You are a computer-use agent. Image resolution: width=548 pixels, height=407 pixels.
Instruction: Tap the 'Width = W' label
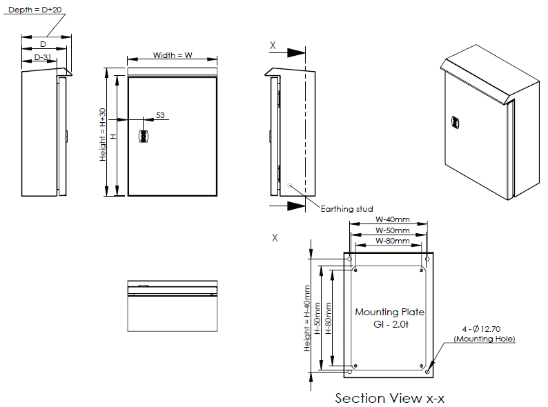(172, 55)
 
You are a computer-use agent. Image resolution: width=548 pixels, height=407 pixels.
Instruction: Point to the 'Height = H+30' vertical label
(103, 135)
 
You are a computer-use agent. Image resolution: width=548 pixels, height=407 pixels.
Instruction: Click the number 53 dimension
(160, 115)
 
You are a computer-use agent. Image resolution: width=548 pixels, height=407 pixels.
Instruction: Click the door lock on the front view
(144, 137)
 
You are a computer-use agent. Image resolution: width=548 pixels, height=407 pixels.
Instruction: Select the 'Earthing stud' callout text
(347, 208)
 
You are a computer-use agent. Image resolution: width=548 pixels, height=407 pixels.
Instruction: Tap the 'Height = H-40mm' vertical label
(307, 318)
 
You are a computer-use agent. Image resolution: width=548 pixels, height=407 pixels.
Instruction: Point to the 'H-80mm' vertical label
(329, 318)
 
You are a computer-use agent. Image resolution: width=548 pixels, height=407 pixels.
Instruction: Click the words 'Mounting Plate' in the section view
(389, 312)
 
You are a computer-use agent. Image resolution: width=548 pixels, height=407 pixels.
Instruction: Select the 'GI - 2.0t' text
(389, 324)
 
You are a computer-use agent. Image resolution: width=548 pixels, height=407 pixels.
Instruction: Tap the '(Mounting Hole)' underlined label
(484, 339)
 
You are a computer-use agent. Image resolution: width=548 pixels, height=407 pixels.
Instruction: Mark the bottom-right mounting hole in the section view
(428, 372)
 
